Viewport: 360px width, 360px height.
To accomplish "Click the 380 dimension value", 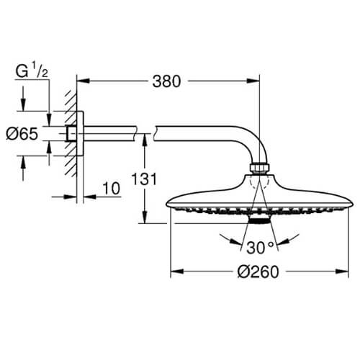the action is point(166,81).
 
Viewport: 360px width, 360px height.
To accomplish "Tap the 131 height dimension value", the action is point(144,179).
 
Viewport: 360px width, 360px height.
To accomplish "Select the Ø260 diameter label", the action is point(258,271).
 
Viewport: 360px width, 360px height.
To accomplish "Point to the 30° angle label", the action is point(260,248).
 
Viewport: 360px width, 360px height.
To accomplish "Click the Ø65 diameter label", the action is point(22,134).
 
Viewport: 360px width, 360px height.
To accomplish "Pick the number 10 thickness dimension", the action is point(112,188).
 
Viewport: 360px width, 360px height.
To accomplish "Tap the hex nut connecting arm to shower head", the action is point(259,168).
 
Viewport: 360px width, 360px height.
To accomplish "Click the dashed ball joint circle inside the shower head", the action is point(259,183).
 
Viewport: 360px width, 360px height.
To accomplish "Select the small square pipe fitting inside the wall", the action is point(71,133).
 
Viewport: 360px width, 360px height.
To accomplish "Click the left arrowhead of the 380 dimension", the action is point(83,81).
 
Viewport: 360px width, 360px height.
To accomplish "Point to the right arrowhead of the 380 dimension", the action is point(253,81).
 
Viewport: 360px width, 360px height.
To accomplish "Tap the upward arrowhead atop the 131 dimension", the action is point(144,140).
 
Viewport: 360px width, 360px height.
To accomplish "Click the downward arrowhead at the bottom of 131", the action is point(144,217).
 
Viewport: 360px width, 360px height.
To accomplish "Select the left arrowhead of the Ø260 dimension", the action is point(177,271).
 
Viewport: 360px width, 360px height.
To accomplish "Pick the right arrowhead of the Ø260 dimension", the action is point(342,271).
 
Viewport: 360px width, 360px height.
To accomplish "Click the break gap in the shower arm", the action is point(145,133).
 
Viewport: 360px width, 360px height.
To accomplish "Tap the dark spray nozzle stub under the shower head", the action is point(258,220).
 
